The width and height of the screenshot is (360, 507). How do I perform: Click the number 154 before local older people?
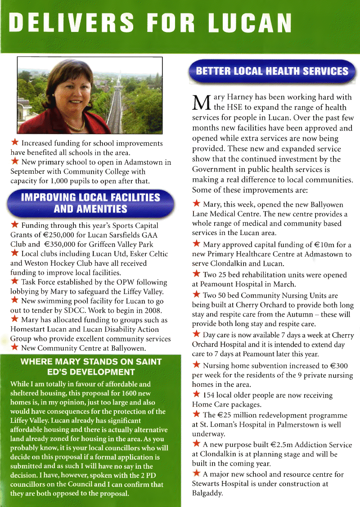209,395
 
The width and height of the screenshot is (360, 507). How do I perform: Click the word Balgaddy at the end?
207,493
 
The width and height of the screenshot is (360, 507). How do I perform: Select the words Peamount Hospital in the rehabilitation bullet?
227,285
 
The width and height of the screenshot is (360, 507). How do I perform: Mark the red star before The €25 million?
196,415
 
